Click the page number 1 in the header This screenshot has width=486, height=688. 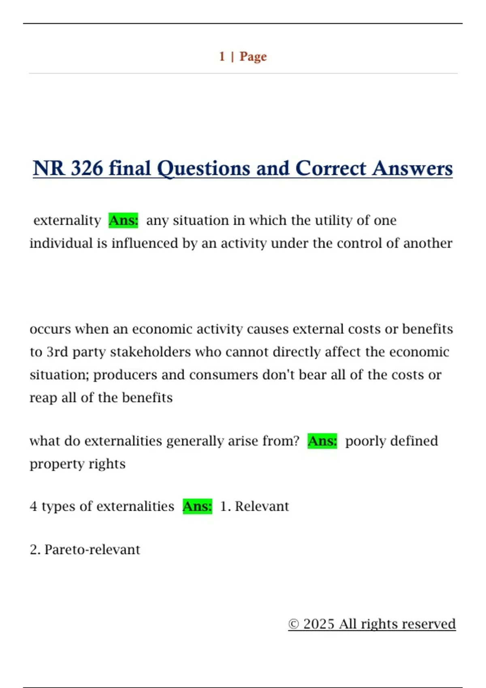(222, 56)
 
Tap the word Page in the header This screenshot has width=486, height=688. (253, 56)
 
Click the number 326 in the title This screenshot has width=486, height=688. (87, 168)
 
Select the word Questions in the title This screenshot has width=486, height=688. (203, 168)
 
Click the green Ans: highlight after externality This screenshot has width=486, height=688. (124, 220)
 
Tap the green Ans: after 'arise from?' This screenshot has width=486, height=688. (322, 441)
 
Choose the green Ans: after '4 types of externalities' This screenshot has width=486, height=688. (197, 506)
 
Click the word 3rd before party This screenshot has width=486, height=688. (57, 352)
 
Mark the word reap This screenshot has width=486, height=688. (43, 398)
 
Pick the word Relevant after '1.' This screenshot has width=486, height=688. (262, 506)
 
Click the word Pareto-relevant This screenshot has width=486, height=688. (92, 550)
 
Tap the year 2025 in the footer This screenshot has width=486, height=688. (319, 624)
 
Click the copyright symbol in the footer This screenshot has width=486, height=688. (294, 624)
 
